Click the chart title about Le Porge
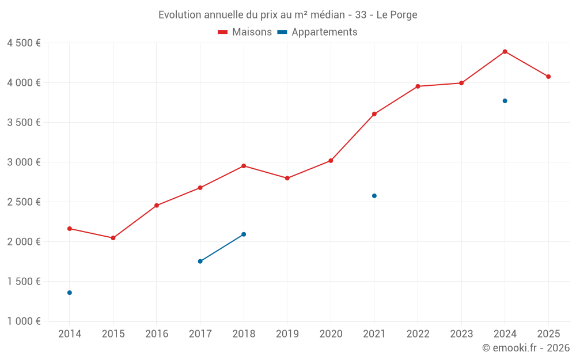(287, 14)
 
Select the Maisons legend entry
(245, 32)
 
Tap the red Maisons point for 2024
(505, 52)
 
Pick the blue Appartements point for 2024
(505, 101)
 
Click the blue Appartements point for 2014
(70, 293)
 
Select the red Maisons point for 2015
(113, 238)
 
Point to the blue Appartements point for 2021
(374, 196)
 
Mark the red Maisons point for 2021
(374, 114)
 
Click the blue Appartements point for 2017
(200, 262)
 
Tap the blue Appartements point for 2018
(244, 234)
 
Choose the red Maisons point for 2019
(287, 178)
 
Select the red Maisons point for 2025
(548, 77)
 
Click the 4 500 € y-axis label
(24, 43)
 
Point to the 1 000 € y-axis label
(24, 321)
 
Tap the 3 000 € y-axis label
(24, 162)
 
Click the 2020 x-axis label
(331, 334)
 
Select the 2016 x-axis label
(157, 334)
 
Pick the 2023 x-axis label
(461, 334)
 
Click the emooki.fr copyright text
(525, 348)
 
